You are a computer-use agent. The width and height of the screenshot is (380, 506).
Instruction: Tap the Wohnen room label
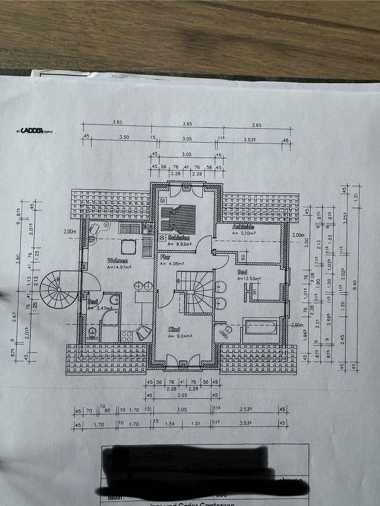[x=118, y=260]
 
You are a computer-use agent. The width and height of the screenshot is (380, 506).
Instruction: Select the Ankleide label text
[x=243, y=227]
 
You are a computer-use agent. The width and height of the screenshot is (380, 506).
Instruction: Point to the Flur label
[x=165, y=257]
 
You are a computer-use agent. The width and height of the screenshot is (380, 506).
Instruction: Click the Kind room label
[x=174, y=330]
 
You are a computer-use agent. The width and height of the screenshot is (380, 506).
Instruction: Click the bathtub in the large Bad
[x=261, y=326]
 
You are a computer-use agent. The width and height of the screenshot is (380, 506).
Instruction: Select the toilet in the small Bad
[x=92, y=333]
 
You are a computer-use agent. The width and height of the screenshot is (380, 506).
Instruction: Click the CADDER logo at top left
[x=31, y=131]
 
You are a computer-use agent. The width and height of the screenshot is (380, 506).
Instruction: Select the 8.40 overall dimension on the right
[x=355, y=284]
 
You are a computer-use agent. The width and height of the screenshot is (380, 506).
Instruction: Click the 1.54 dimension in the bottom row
[x=170, y=424]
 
